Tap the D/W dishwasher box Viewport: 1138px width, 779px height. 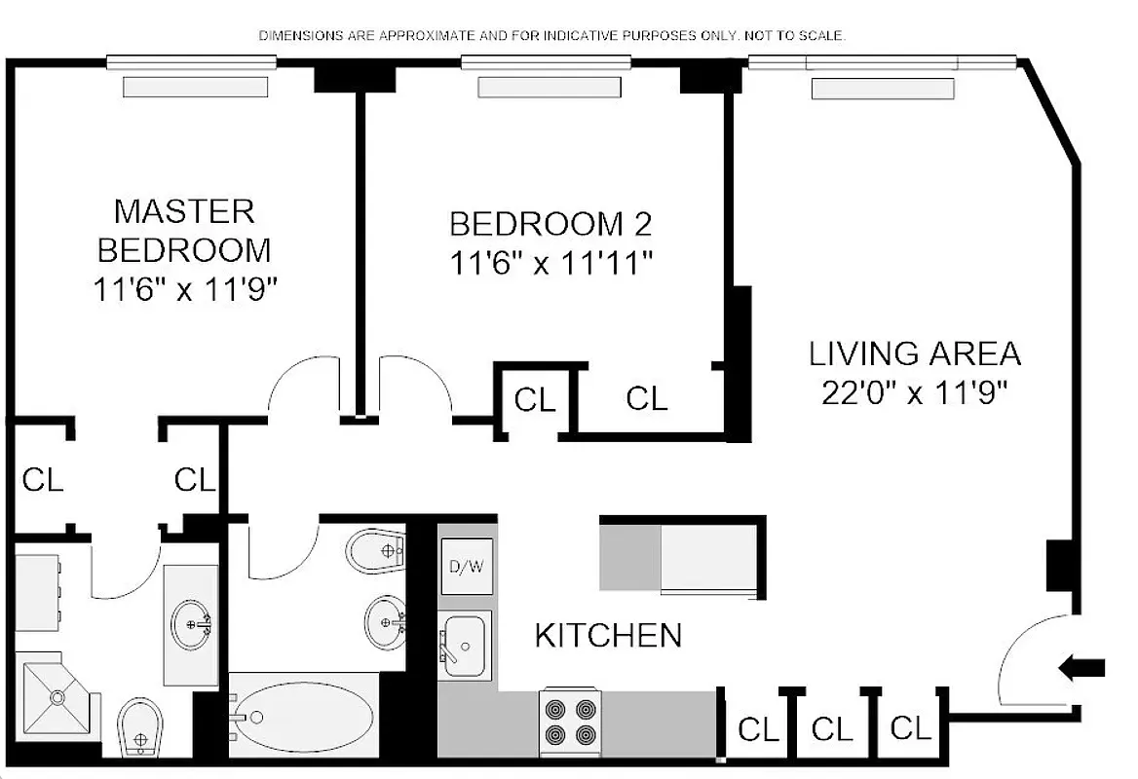point(465,568)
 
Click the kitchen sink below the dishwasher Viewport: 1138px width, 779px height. point(464,646)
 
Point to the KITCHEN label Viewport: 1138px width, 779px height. point(608,636)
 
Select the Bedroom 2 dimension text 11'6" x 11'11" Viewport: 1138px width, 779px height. point(550,263)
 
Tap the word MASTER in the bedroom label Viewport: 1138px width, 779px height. point(184,210)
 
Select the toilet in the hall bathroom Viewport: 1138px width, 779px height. point(378,550)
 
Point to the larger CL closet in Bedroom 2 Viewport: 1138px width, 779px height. point(647,398)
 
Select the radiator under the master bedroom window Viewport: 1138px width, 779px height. point(195,87)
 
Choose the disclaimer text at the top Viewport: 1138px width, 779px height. point(551,36)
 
